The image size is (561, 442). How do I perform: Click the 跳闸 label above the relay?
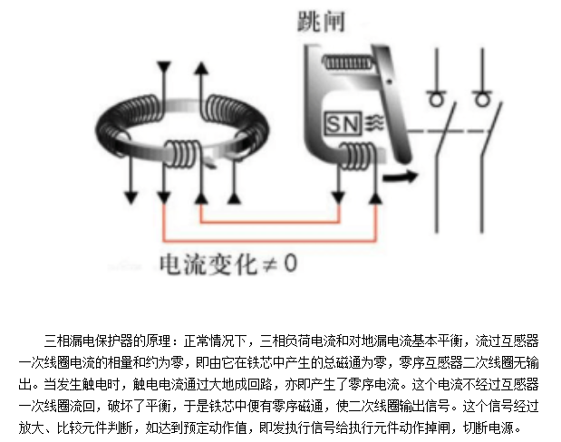pos(321,23)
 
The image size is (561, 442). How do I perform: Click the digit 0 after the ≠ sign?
pos(290,264)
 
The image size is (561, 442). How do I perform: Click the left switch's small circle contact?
pos(437,97)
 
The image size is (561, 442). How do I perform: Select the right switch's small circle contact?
pos(479,97)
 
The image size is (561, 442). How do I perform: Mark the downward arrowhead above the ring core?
pos(164,67)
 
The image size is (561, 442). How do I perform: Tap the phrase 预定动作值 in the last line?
pos(232,428)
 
